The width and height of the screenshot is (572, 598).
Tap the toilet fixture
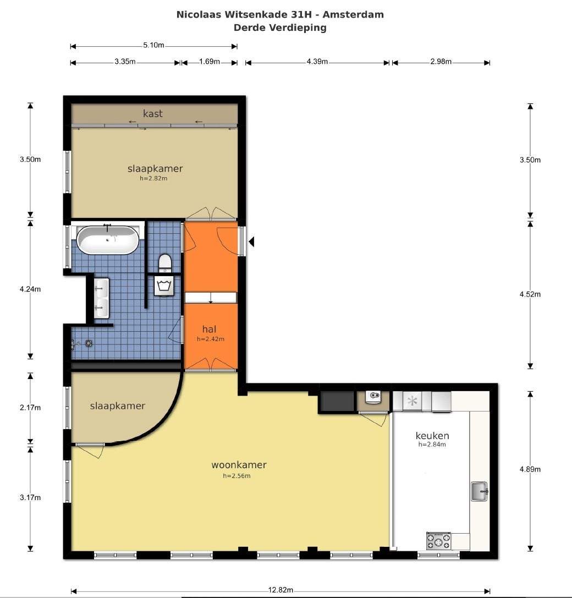(x=165, y=263)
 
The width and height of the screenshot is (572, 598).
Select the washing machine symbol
(x=164, y=286)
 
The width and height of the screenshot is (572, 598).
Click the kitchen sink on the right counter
(x=480, y=491)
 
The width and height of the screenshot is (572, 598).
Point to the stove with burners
(x=438, y=541)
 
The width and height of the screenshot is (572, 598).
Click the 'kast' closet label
(x=152, y=114)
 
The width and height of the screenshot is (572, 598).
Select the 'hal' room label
(x=209, y=329)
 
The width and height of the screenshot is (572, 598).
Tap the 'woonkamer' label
(x=239, y=465)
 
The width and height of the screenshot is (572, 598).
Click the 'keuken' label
(x=432, y=436)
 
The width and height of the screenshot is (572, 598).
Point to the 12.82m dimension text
(x=280, y=590)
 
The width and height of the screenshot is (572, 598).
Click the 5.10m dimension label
(x=153, y=45)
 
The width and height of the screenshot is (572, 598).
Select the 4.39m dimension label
(x=317, y=62)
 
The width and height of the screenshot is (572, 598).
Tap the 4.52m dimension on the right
(x=530, y=294)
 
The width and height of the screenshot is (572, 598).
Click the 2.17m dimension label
(x=30, y=408)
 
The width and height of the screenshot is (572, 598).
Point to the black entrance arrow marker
(x=251, y=242)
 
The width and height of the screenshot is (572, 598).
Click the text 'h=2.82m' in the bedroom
(x=153, y=178)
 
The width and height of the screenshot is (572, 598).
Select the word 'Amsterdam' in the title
(x=353, y=14)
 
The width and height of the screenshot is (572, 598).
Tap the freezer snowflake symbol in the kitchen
(x=412, y=401)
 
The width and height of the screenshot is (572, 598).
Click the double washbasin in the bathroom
(x=101, y=298)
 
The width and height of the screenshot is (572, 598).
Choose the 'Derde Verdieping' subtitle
(x=280, y=28)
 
